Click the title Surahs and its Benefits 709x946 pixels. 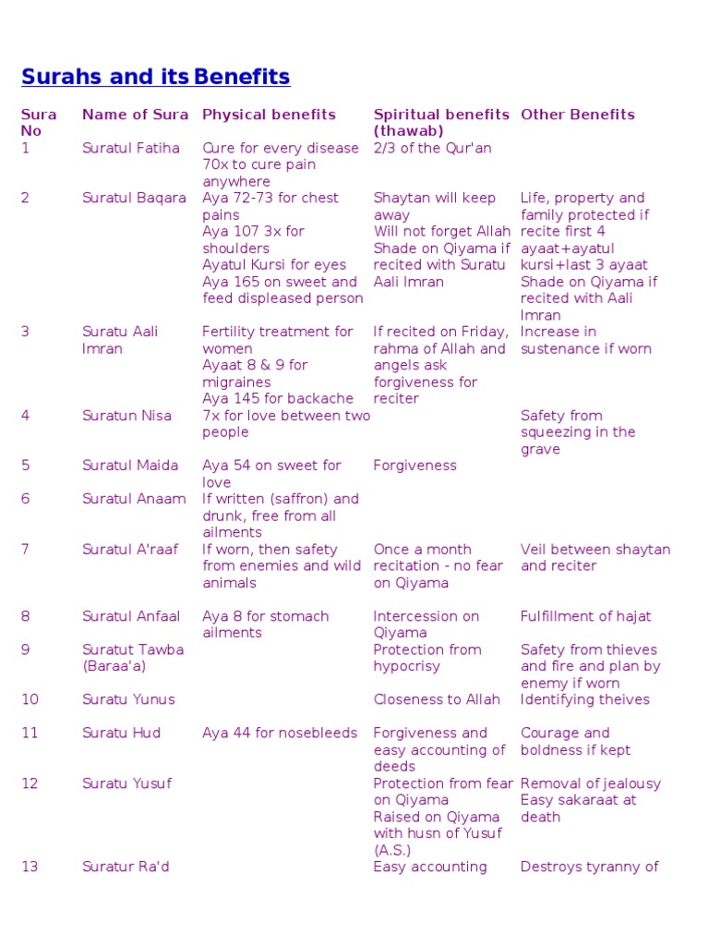coord(155,77)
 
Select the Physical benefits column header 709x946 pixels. coord(269,115)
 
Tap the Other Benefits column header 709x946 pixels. coord(578,115)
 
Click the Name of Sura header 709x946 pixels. coord(135,115)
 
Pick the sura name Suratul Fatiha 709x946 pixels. coord(131,148)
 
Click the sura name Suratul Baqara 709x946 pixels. coord(134,198)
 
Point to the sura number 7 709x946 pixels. coord(26,550)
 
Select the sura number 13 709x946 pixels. coord(30,867)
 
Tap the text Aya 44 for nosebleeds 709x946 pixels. coord(280,733)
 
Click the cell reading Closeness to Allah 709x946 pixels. coord(437,699)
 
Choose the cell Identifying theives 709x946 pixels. coord(585,699)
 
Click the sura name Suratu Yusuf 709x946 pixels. coord(126,783)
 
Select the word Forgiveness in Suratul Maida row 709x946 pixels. coord(415,466)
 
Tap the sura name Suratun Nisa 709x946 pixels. coord(126,416)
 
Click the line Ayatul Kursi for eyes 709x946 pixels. coord(274,265)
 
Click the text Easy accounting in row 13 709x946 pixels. coord(429,867)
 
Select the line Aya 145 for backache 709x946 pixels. coord(278,399)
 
